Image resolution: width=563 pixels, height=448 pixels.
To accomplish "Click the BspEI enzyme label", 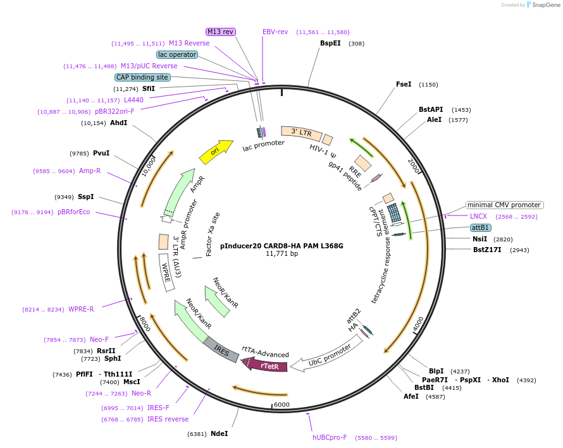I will coord(330,44).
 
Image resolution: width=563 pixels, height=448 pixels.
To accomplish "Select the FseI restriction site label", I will coord(404,84).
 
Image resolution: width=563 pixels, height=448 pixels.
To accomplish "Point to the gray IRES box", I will coord(221,349).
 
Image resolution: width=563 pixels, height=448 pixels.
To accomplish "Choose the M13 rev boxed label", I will coord(221,32).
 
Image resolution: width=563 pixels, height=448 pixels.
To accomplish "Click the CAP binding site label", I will coord(142,77).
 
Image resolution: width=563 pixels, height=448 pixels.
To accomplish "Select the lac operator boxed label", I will coord(177,54).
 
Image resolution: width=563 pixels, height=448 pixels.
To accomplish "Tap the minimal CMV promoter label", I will coord(504,205).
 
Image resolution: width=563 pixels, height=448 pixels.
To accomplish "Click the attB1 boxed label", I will coord(480,227).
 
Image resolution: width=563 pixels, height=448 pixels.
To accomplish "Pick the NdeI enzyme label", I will coord(219,433).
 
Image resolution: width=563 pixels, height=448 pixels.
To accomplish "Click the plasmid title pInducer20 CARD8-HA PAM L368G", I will coord(281,246).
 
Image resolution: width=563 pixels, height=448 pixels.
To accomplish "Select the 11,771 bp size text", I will coord(281,254).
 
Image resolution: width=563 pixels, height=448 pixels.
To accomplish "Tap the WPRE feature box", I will coord(166,272).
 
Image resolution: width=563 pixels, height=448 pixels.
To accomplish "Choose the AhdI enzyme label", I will coord(118,123).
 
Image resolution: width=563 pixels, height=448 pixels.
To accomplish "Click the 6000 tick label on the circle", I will coord(281,404).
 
